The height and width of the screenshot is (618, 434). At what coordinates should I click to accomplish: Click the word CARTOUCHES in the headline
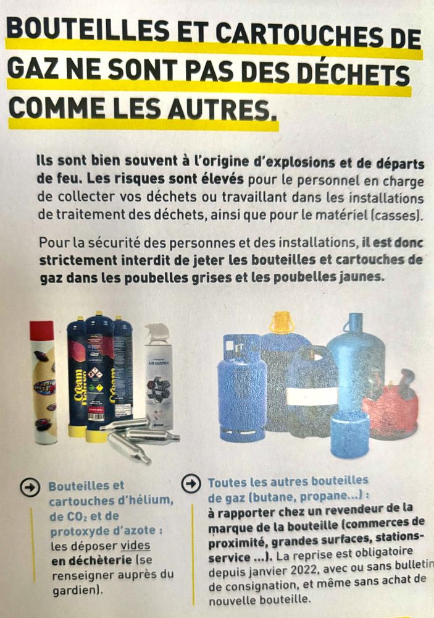(x=293, y=34)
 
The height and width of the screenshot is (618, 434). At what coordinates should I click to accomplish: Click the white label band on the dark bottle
(x=312, y=396)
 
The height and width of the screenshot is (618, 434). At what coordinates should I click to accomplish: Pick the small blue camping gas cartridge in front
(x=349, y=434)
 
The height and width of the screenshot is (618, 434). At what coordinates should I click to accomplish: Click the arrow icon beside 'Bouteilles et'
(x=30, y=487)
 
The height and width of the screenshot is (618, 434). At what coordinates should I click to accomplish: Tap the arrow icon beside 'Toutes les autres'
(x=191, y=483)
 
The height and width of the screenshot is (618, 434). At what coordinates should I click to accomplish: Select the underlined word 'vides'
(x=135, y=546)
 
